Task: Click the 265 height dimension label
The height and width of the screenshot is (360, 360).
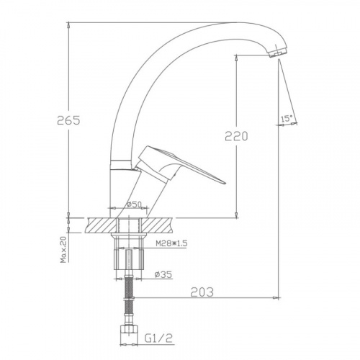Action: (68, 120)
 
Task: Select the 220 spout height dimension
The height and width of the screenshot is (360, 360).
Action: (236, 136)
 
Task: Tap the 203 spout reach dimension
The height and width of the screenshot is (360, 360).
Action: (202, 292)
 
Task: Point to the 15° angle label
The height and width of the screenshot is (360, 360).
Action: (287, 119)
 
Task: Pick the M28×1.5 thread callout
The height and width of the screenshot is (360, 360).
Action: (171, 244)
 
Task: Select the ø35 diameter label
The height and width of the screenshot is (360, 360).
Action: (163, 274)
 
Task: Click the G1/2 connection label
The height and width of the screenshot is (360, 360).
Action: (158, 338)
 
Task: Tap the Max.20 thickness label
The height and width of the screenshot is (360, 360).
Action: (63, 249)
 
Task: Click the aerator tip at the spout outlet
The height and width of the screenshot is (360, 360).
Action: (277, 53)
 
